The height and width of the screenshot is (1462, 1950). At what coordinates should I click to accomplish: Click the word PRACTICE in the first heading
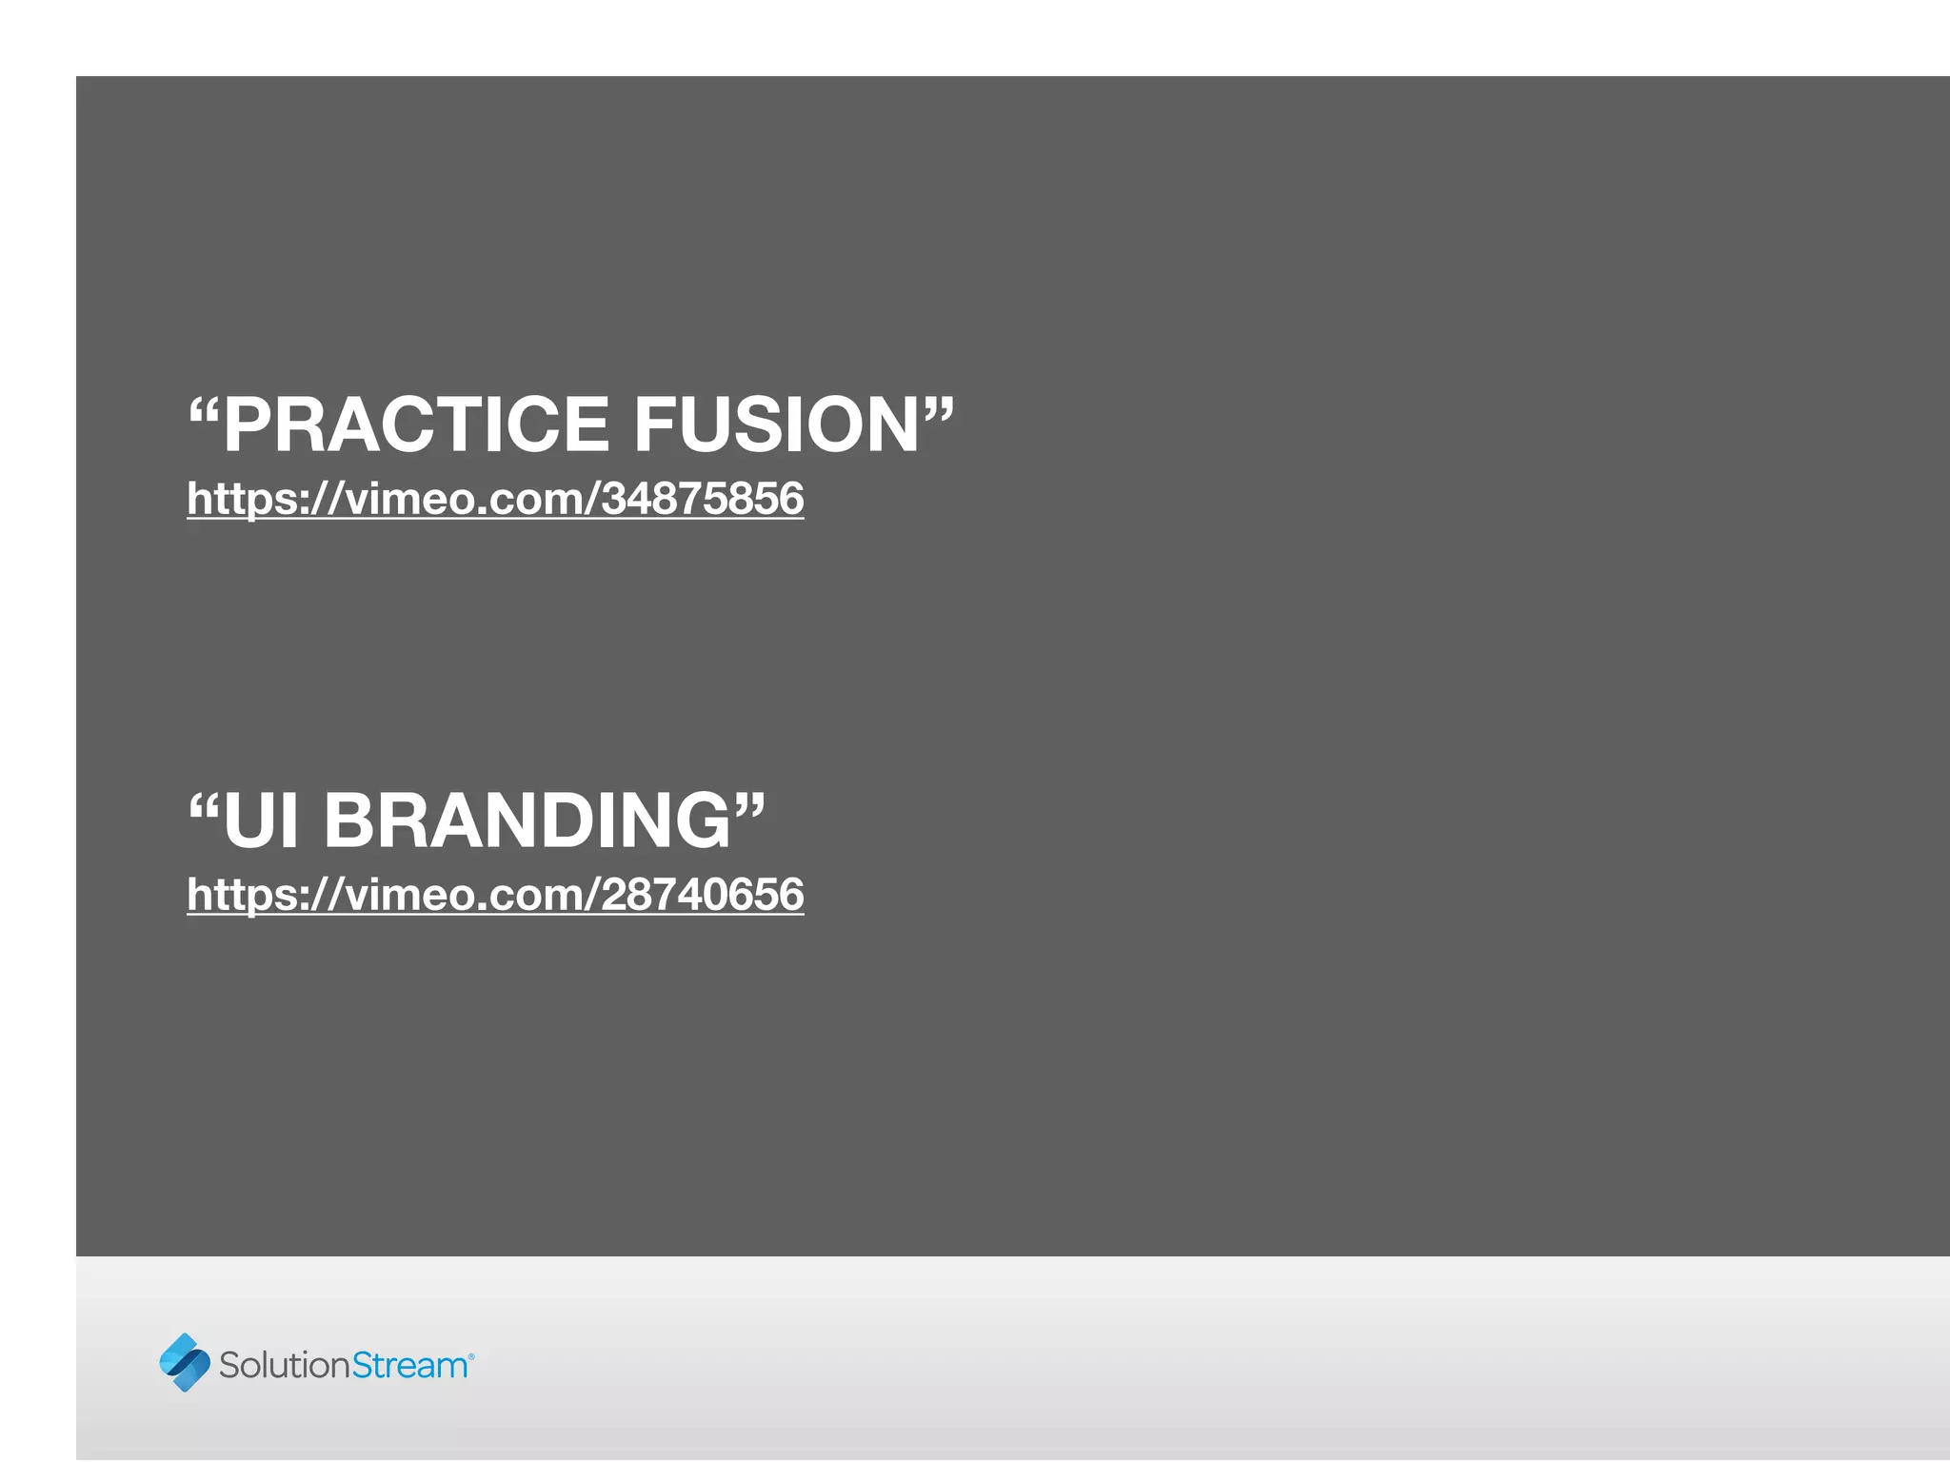416,425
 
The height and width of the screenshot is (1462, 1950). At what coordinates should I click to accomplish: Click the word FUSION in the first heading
776,425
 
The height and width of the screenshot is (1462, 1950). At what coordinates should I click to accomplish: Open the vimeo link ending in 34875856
495,499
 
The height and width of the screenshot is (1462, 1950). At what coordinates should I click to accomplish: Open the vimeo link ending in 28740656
495,895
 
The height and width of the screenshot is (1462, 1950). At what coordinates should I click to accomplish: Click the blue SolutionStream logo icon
185,1362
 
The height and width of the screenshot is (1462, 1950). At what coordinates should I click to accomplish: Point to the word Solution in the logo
285,1365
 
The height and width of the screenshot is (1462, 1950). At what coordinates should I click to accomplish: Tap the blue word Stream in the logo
409,1365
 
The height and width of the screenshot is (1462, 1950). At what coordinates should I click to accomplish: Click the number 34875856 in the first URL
703,499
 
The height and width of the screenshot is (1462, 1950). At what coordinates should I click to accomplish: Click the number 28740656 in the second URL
703,895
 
